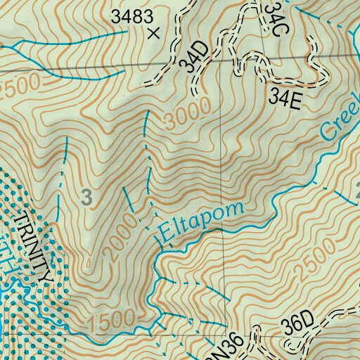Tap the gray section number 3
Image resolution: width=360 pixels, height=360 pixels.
pos(86,198)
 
